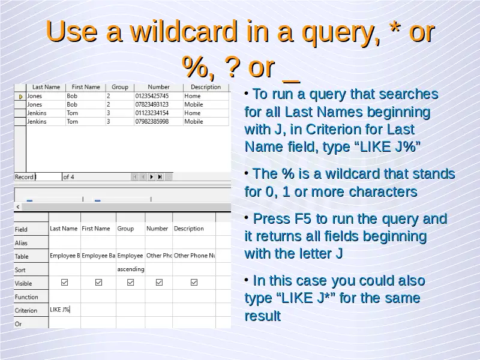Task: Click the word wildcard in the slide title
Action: (x=184, y=31)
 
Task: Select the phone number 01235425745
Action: (x=152, y=96)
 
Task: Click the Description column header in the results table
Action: (x=206, y=87)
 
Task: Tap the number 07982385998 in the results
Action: (x=152, y=122)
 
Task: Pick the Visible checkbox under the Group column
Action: (x=130, y=282)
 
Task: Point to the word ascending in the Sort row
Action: (x=131, y=269)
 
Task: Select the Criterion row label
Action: (x=26, y=310)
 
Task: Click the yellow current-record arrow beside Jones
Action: (x=21, y=97)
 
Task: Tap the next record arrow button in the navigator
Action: (x=151, y=177)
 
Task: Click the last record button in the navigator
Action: (x=160, y=177)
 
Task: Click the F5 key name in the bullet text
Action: (x=303, y=218)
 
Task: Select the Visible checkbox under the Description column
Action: (x=194, y=282)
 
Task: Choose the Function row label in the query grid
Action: (x=26, y=297)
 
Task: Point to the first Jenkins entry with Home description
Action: (x=37, y=113)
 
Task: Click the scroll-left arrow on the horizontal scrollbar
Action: (x=18, y=207)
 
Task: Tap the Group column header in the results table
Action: (x=119, y=87)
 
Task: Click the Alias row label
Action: (x=21, y=243)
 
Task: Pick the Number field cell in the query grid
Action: (x=157, y=229)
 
